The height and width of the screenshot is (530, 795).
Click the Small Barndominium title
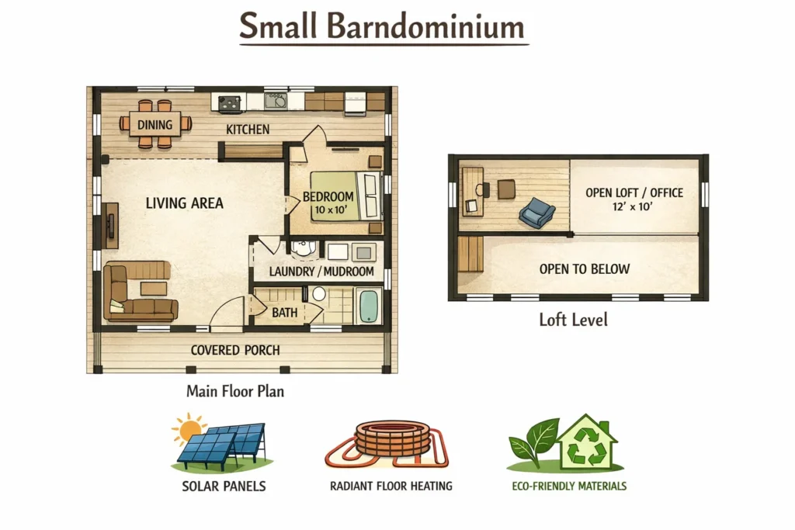(382, 26)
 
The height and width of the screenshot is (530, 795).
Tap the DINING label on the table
(154, 125)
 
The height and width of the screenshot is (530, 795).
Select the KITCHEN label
(248, 130)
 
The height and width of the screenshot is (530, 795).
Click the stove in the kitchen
(229, 103)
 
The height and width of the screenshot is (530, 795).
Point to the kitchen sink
(276, 101)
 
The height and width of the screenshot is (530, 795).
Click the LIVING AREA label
(185, 203)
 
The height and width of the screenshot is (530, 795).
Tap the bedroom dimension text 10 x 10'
(331, 210)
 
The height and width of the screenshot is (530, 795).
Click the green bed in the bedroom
(345, 196)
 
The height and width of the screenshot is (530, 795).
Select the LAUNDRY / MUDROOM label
(321, 272)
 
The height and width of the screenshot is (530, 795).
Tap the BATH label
(284, 313)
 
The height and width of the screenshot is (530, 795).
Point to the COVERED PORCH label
(235, 350)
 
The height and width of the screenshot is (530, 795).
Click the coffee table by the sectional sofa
(153, 289)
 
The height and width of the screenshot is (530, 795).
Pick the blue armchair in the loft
(536, 213)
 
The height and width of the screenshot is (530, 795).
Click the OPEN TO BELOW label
(584, 269)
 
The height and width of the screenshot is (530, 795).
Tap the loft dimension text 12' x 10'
(632, 206)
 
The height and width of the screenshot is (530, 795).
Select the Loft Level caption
(573, 320)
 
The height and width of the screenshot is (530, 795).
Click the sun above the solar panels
(189, 429)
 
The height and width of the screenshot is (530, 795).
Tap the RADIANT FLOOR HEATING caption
(391, 486)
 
